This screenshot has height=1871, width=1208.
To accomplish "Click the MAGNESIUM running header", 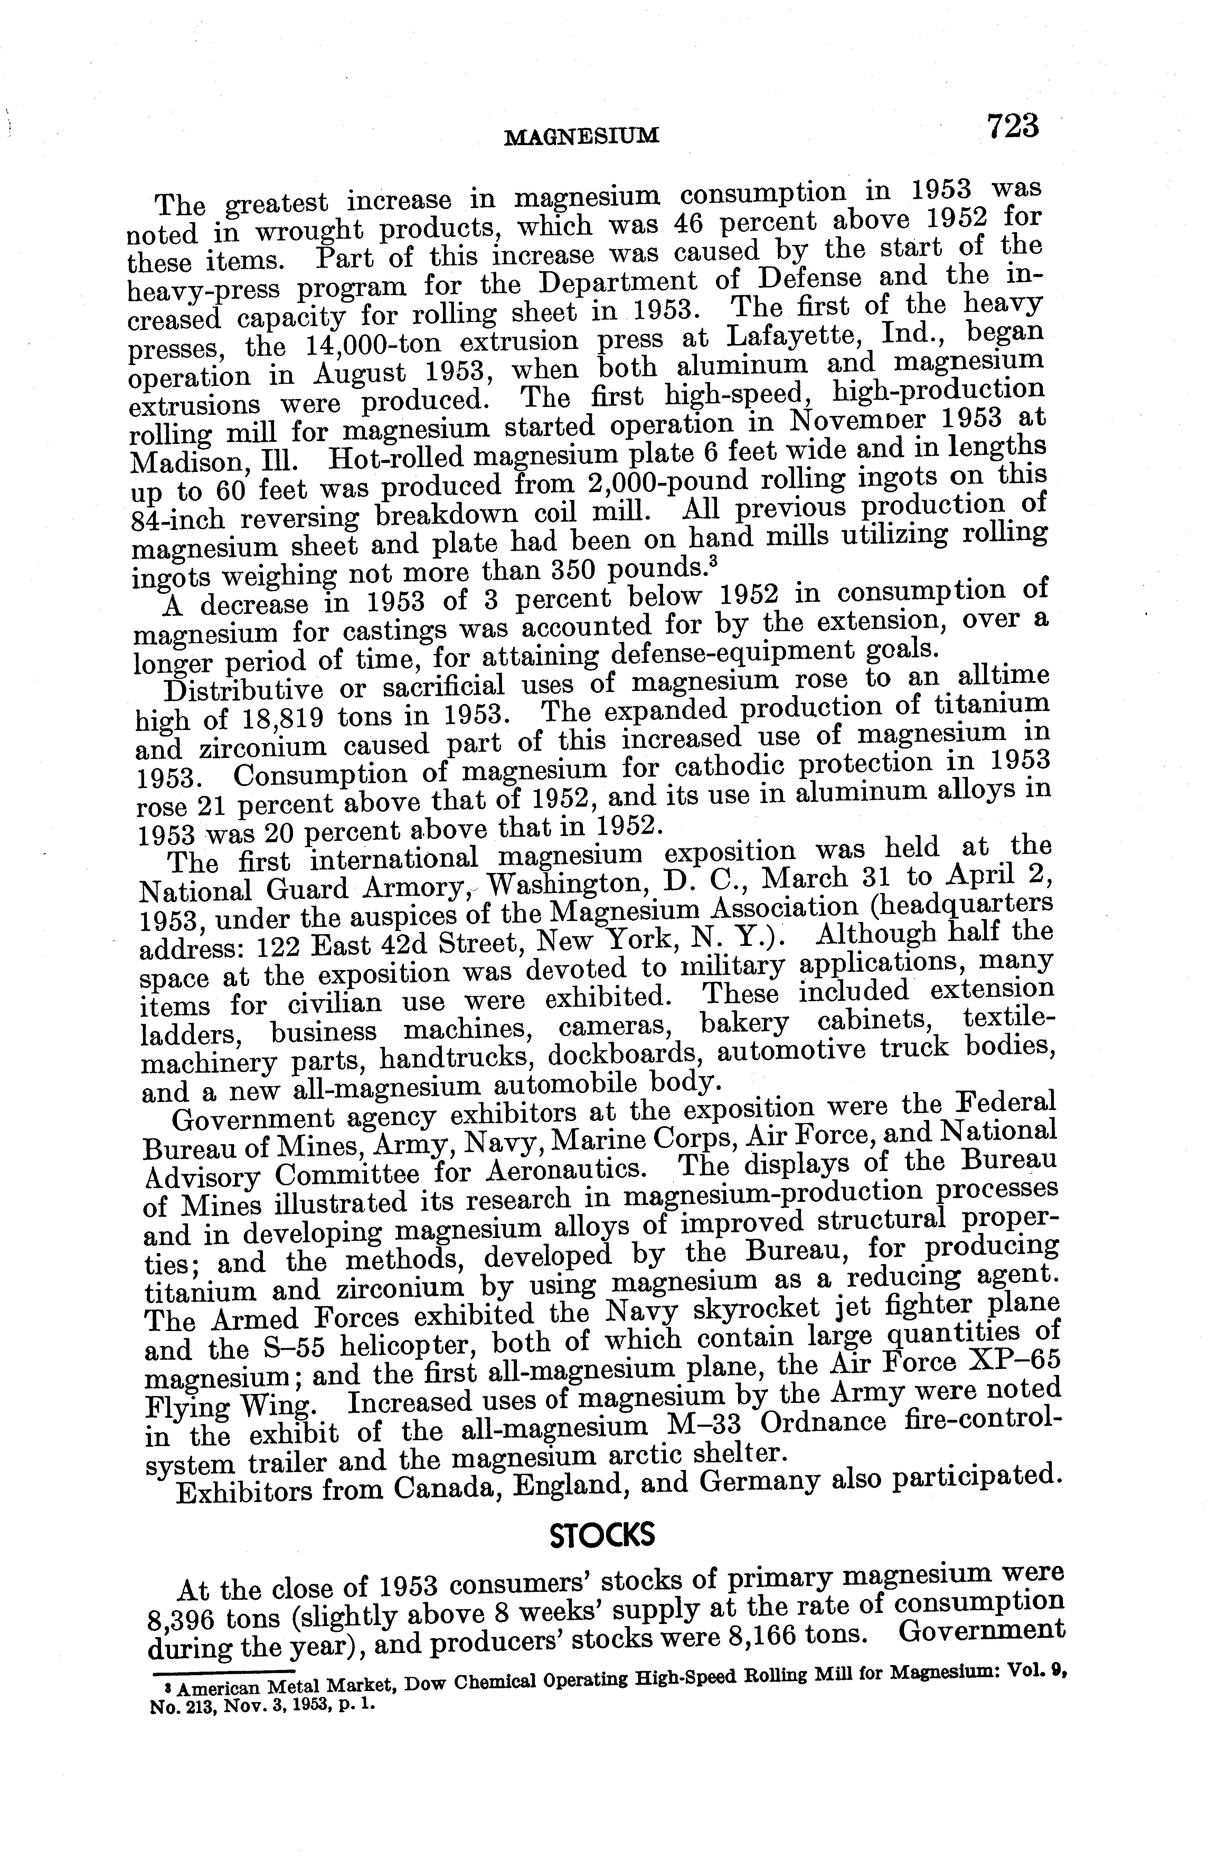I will (581, 137).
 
